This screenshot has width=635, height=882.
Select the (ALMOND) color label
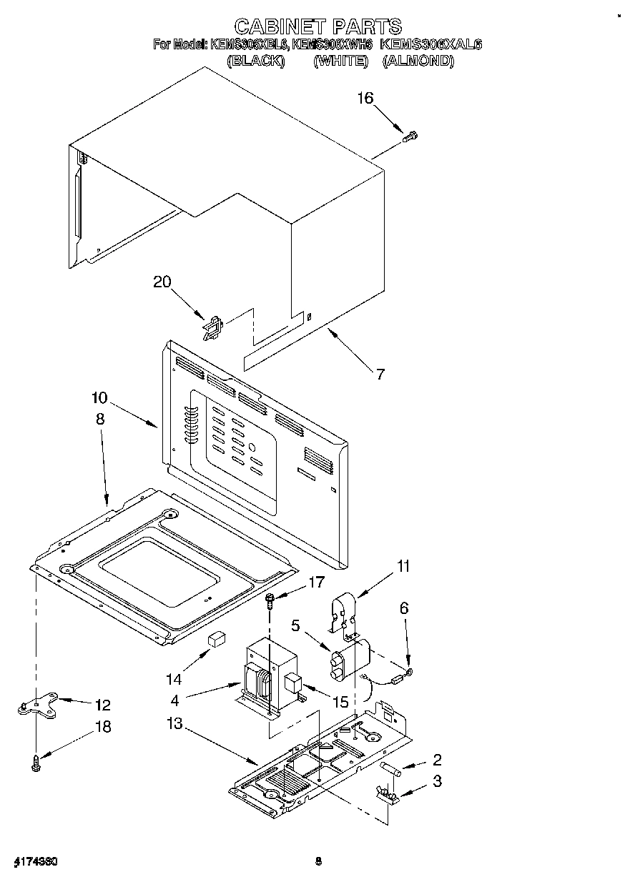(418, 61)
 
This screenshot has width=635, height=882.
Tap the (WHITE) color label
(340, 61)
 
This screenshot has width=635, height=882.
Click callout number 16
(365, 98)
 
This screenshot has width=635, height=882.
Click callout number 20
(162, 282)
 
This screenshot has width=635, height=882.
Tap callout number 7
(380, 373)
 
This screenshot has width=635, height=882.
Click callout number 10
(99, 397)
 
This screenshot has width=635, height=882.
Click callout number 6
(404, 608)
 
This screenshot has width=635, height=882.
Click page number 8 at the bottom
(319, 861)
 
